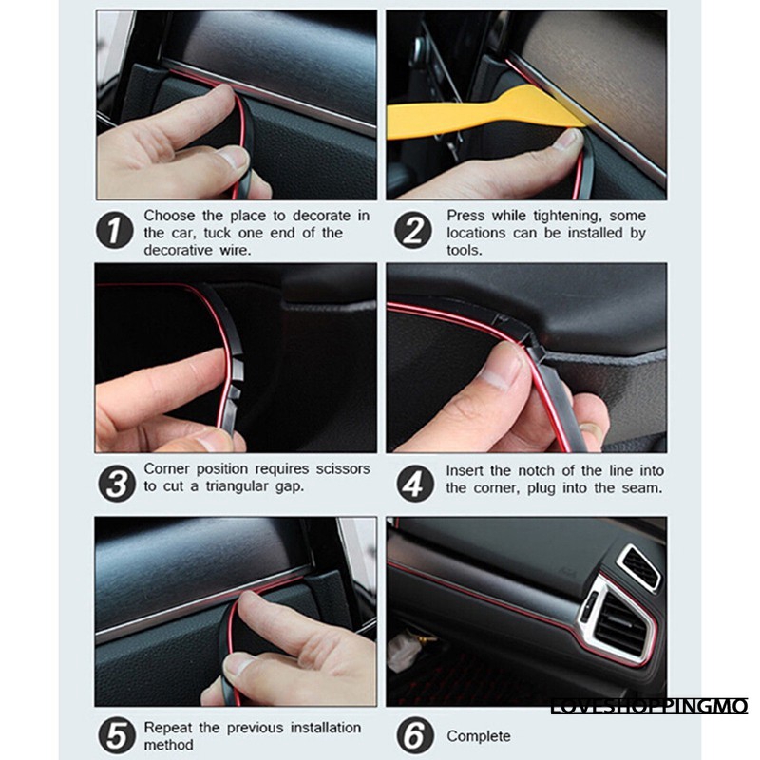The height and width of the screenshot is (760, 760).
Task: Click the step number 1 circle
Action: [114, 230]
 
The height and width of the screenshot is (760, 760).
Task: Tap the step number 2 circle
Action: [413, 230]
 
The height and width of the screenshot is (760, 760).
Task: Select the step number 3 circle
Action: [117, 484]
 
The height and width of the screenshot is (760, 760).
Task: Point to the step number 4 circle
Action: [415, 484]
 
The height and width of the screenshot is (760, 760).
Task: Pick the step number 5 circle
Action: [116, 735]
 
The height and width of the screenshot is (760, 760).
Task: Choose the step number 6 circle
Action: [415, 735]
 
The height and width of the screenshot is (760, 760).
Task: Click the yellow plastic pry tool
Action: [484, 115]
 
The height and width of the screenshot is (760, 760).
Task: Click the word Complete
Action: [479, 735]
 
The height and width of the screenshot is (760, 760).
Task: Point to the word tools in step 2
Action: [465, 250]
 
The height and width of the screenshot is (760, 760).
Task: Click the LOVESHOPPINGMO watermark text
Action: [650, 706]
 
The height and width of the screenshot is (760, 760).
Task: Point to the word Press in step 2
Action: [465, 216]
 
